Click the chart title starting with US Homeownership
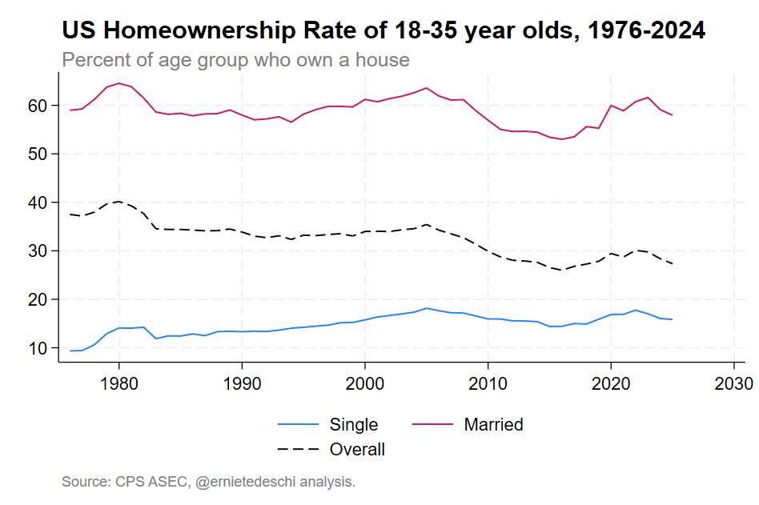pos(384,31)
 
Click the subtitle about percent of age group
pos(235,60)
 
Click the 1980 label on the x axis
pos(119,379)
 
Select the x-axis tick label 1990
pos(243,379)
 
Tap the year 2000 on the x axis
pos(365,379)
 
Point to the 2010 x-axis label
pos(488,379)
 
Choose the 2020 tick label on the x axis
pos(612,379)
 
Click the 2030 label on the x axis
pos(734,379)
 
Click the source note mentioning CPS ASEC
pos(208,482)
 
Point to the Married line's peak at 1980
pos(119,83)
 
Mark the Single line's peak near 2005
pos(427,308)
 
